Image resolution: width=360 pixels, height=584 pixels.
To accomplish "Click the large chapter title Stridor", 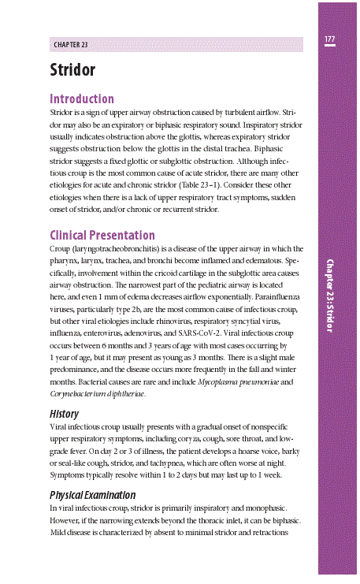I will point(72,70).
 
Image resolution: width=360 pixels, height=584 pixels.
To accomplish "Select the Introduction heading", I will point(82,99).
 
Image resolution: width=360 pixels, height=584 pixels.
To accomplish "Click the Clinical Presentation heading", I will point(102,236).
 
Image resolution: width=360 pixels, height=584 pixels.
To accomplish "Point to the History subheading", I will point(64,413).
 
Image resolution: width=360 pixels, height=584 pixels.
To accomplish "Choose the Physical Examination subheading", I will point(93,495).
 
